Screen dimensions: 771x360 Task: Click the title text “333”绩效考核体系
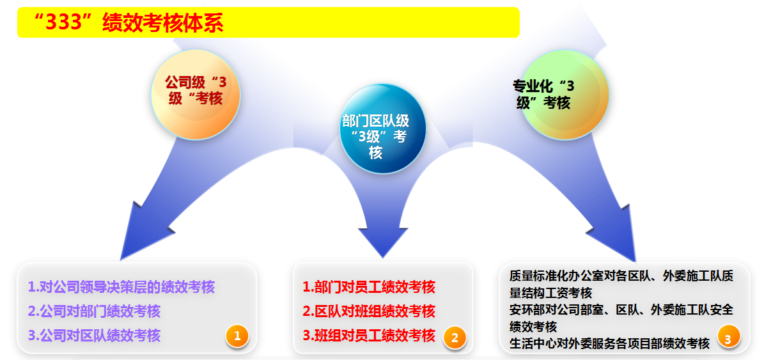[x=128, y=23]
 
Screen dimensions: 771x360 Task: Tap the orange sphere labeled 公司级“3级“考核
[x=196, y=95]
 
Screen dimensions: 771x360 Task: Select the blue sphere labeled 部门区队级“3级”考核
[x=383, y=129]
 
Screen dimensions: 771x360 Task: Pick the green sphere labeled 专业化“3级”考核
[x=565, y=95]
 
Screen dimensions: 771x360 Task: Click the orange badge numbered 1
[x=237, y=336]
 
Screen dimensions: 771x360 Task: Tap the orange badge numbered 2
[x=455, y=338]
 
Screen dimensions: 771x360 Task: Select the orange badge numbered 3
[x=728, y=336]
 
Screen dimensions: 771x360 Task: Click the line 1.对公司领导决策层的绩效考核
[x=121, y=286]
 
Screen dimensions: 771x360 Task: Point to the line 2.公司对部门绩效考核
[x=94, y=311]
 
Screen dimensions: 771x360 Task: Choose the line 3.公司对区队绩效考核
[x=94, y=336]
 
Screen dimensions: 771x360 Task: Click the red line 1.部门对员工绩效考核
[x=369, y=286]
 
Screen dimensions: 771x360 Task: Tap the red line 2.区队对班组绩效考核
[x=369, y=311]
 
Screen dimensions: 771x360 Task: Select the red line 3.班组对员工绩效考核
[x=369, y=336]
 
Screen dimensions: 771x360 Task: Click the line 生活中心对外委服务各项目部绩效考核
[x=609, y=343]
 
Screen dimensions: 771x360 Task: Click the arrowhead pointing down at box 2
[x=383, y=241]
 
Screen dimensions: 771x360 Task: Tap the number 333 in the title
[x=64, y=22]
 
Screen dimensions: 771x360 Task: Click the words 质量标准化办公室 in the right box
[x=557, y=276]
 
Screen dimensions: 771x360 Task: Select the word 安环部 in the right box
[x=527, y=309]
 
